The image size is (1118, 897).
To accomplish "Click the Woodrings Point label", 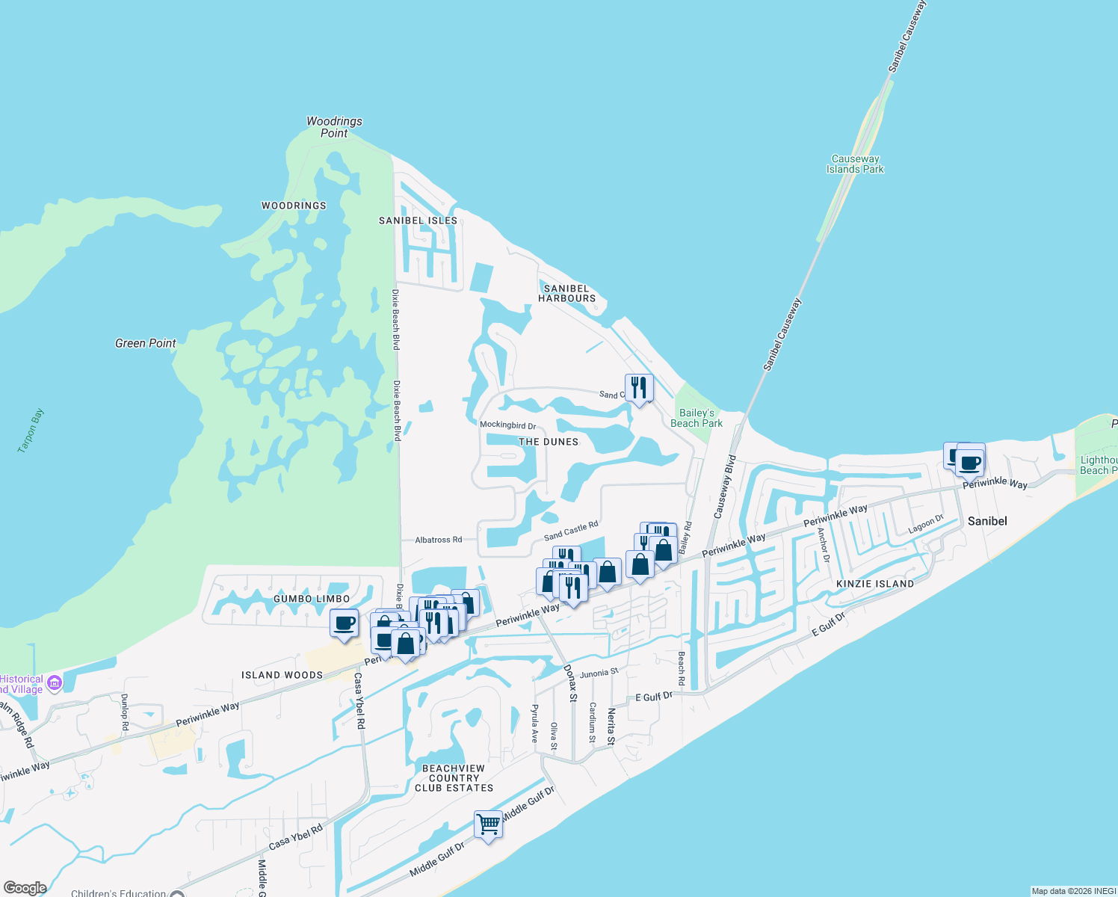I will [334, 127].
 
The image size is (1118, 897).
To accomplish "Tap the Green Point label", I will [146, 343].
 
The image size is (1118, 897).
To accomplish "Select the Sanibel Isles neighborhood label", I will [418, 221].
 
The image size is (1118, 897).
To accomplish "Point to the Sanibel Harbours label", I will [567, 293].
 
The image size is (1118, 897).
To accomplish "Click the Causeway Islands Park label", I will [855, 164].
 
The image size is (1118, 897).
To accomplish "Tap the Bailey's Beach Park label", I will [697, 418].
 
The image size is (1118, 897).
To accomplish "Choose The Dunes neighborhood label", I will [549, 442].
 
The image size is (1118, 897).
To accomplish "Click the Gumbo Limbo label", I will [312, 599].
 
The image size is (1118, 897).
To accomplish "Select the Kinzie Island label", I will [874, 584].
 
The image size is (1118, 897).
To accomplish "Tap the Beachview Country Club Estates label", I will [454, 778].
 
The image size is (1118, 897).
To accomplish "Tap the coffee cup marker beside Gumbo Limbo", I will [344, 623].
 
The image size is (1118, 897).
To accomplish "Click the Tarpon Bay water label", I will [31, 431].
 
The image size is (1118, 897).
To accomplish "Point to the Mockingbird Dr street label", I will [507, 425].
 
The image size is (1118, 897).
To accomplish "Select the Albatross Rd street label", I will [439, 540].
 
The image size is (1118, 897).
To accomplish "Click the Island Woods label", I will [282, 675].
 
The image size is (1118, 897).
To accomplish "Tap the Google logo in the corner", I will [25, 888].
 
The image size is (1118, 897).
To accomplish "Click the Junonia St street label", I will [599, 673].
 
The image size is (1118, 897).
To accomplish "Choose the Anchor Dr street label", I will [824, 545].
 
